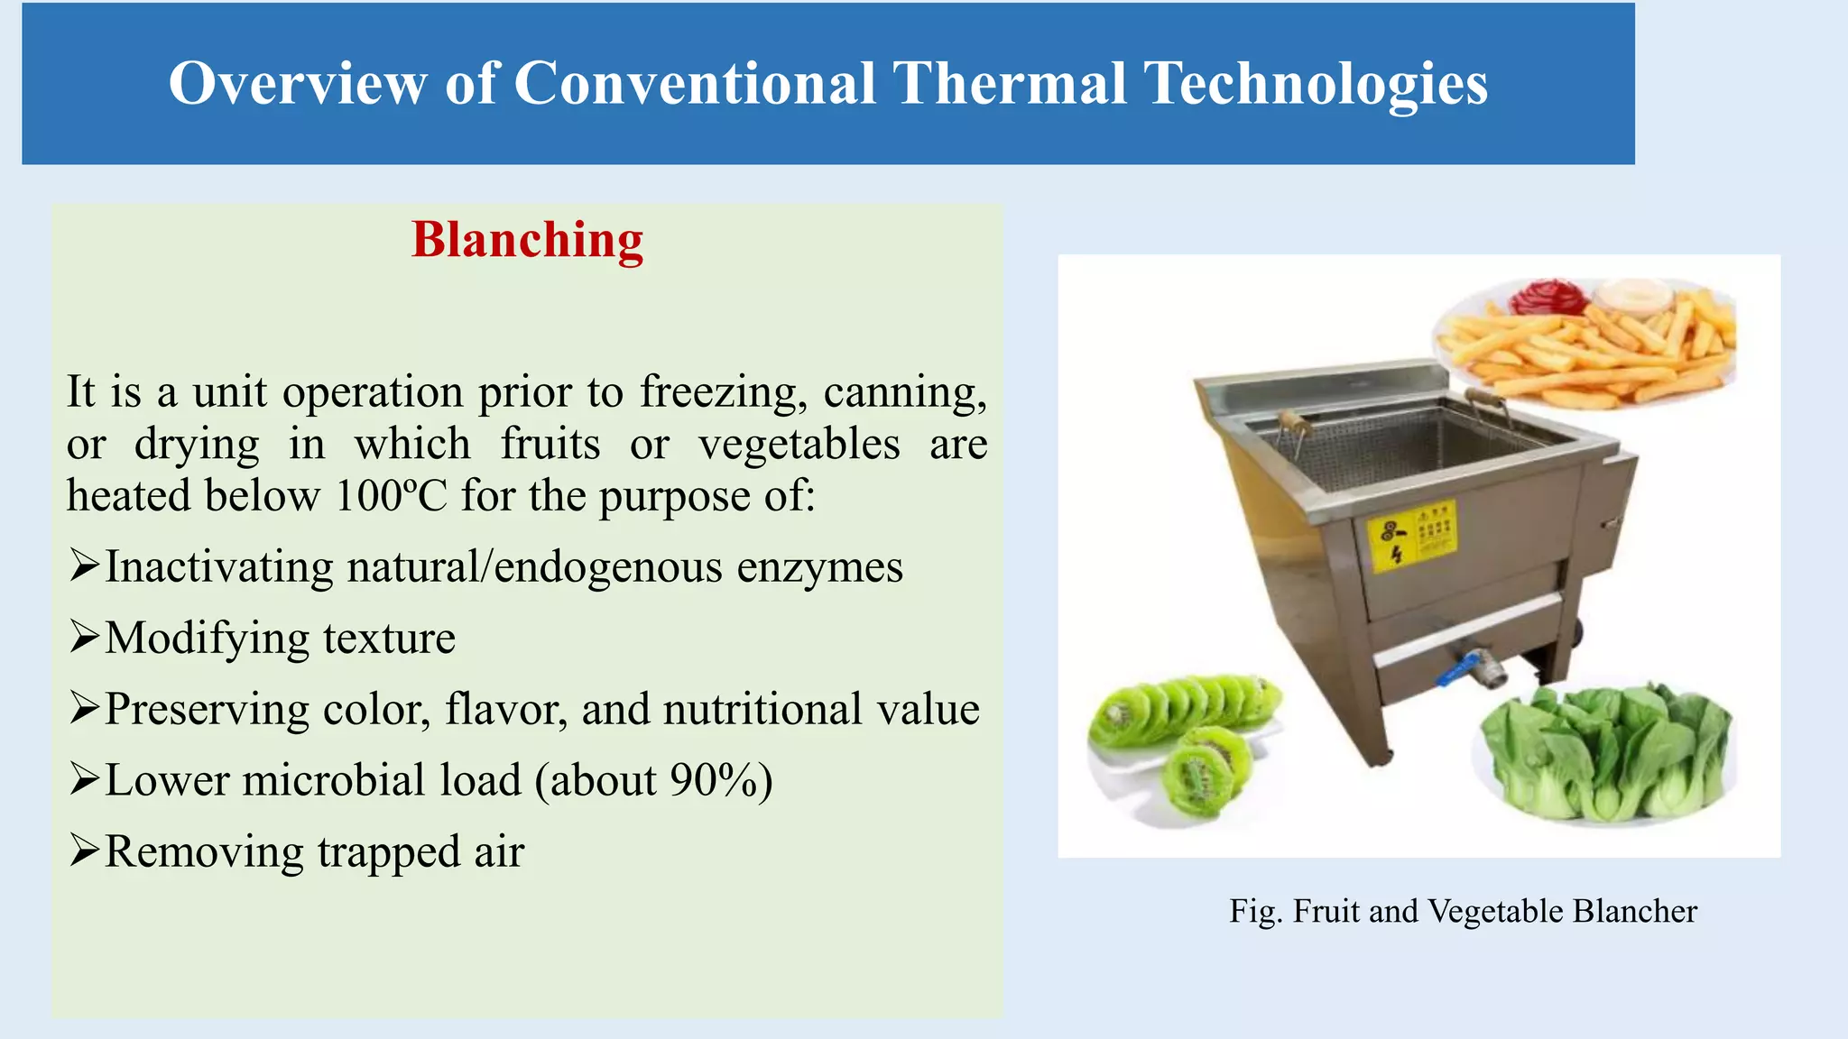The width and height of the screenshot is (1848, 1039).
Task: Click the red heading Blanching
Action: point(527,241)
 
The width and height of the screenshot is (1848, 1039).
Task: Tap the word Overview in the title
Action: point(297,84)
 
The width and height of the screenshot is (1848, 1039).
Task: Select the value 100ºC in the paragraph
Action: point(391,496)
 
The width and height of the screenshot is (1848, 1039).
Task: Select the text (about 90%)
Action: point(654,780)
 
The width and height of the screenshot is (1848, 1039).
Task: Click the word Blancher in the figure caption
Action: point(1634,911)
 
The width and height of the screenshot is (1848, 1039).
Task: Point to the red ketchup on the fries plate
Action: point(1548,297)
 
